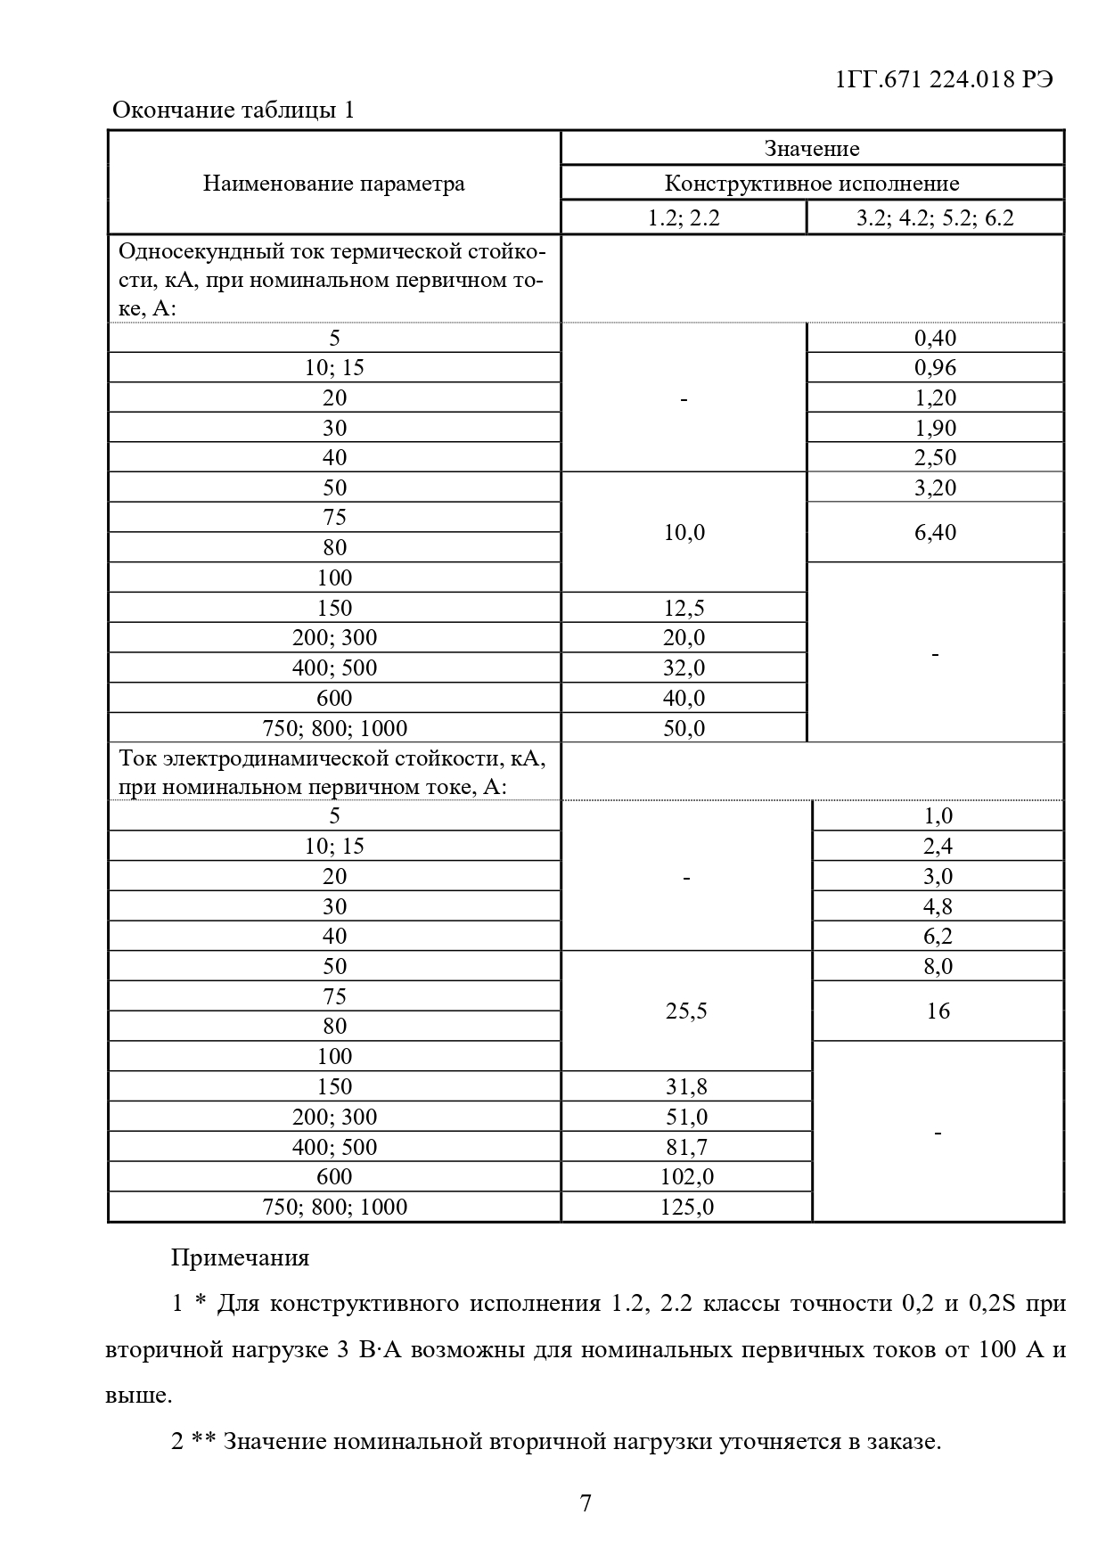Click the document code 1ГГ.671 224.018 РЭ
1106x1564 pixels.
click(945, 79)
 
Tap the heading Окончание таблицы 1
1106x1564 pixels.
click(233, 111)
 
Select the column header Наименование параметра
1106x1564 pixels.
click(334, 184)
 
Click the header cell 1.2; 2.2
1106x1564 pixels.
click(684, 217)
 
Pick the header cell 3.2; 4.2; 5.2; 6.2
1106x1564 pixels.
click(935, 217)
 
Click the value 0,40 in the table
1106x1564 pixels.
click(935, 338)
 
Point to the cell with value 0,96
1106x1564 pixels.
click(935, 368)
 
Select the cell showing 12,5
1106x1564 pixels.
click(684, 608)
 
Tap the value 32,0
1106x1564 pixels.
click(684, 667)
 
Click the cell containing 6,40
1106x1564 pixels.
click(935, 532)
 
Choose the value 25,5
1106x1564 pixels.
click(686, 1011)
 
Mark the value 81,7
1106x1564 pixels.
click(686, 1147)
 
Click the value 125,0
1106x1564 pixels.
click(686, 1208)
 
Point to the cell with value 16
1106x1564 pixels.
click(938, 1011)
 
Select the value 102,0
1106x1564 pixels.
click(686, 1177)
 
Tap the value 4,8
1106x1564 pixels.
click(938, 906)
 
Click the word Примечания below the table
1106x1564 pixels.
click(240, 1257)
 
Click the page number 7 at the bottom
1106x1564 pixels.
click(586, 1503)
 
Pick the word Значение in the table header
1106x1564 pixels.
click(812, 149)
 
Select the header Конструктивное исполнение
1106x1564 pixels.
click(812, 184)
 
